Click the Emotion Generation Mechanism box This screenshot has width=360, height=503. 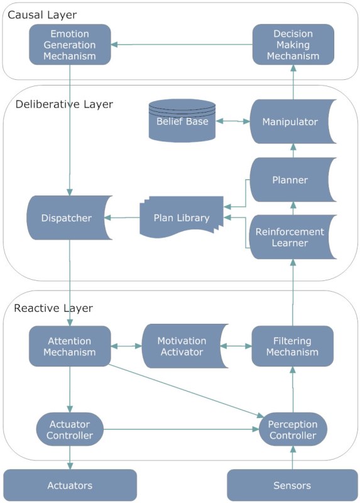[70, 44]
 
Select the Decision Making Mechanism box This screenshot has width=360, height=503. [292, 44]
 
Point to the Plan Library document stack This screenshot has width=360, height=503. [181, 219]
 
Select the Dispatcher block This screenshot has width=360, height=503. [68, 219]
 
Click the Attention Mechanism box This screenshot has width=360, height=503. [70, 346]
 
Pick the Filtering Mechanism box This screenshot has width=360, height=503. [292, 346]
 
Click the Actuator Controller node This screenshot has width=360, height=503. [70, 430]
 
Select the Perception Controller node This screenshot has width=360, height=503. [293, 430]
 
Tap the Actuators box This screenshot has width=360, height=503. [70, 485]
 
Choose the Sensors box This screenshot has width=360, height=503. [292, 485]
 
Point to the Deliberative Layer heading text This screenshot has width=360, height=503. [63, 104]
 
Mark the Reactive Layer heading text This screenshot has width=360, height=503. [53, 308]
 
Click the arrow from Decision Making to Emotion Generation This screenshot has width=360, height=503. [182, 44]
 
